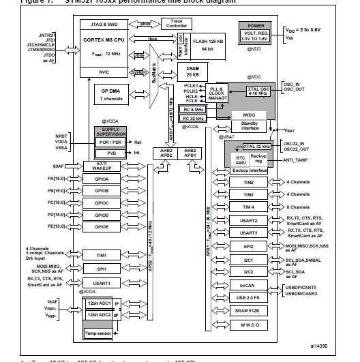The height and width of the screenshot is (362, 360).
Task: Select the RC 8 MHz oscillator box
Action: click(194, 108)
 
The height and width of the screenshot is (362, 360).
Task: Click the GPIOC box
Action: click(101, 202)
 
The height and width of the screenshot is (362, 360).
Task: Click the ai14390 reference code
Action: click(327, 346)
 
